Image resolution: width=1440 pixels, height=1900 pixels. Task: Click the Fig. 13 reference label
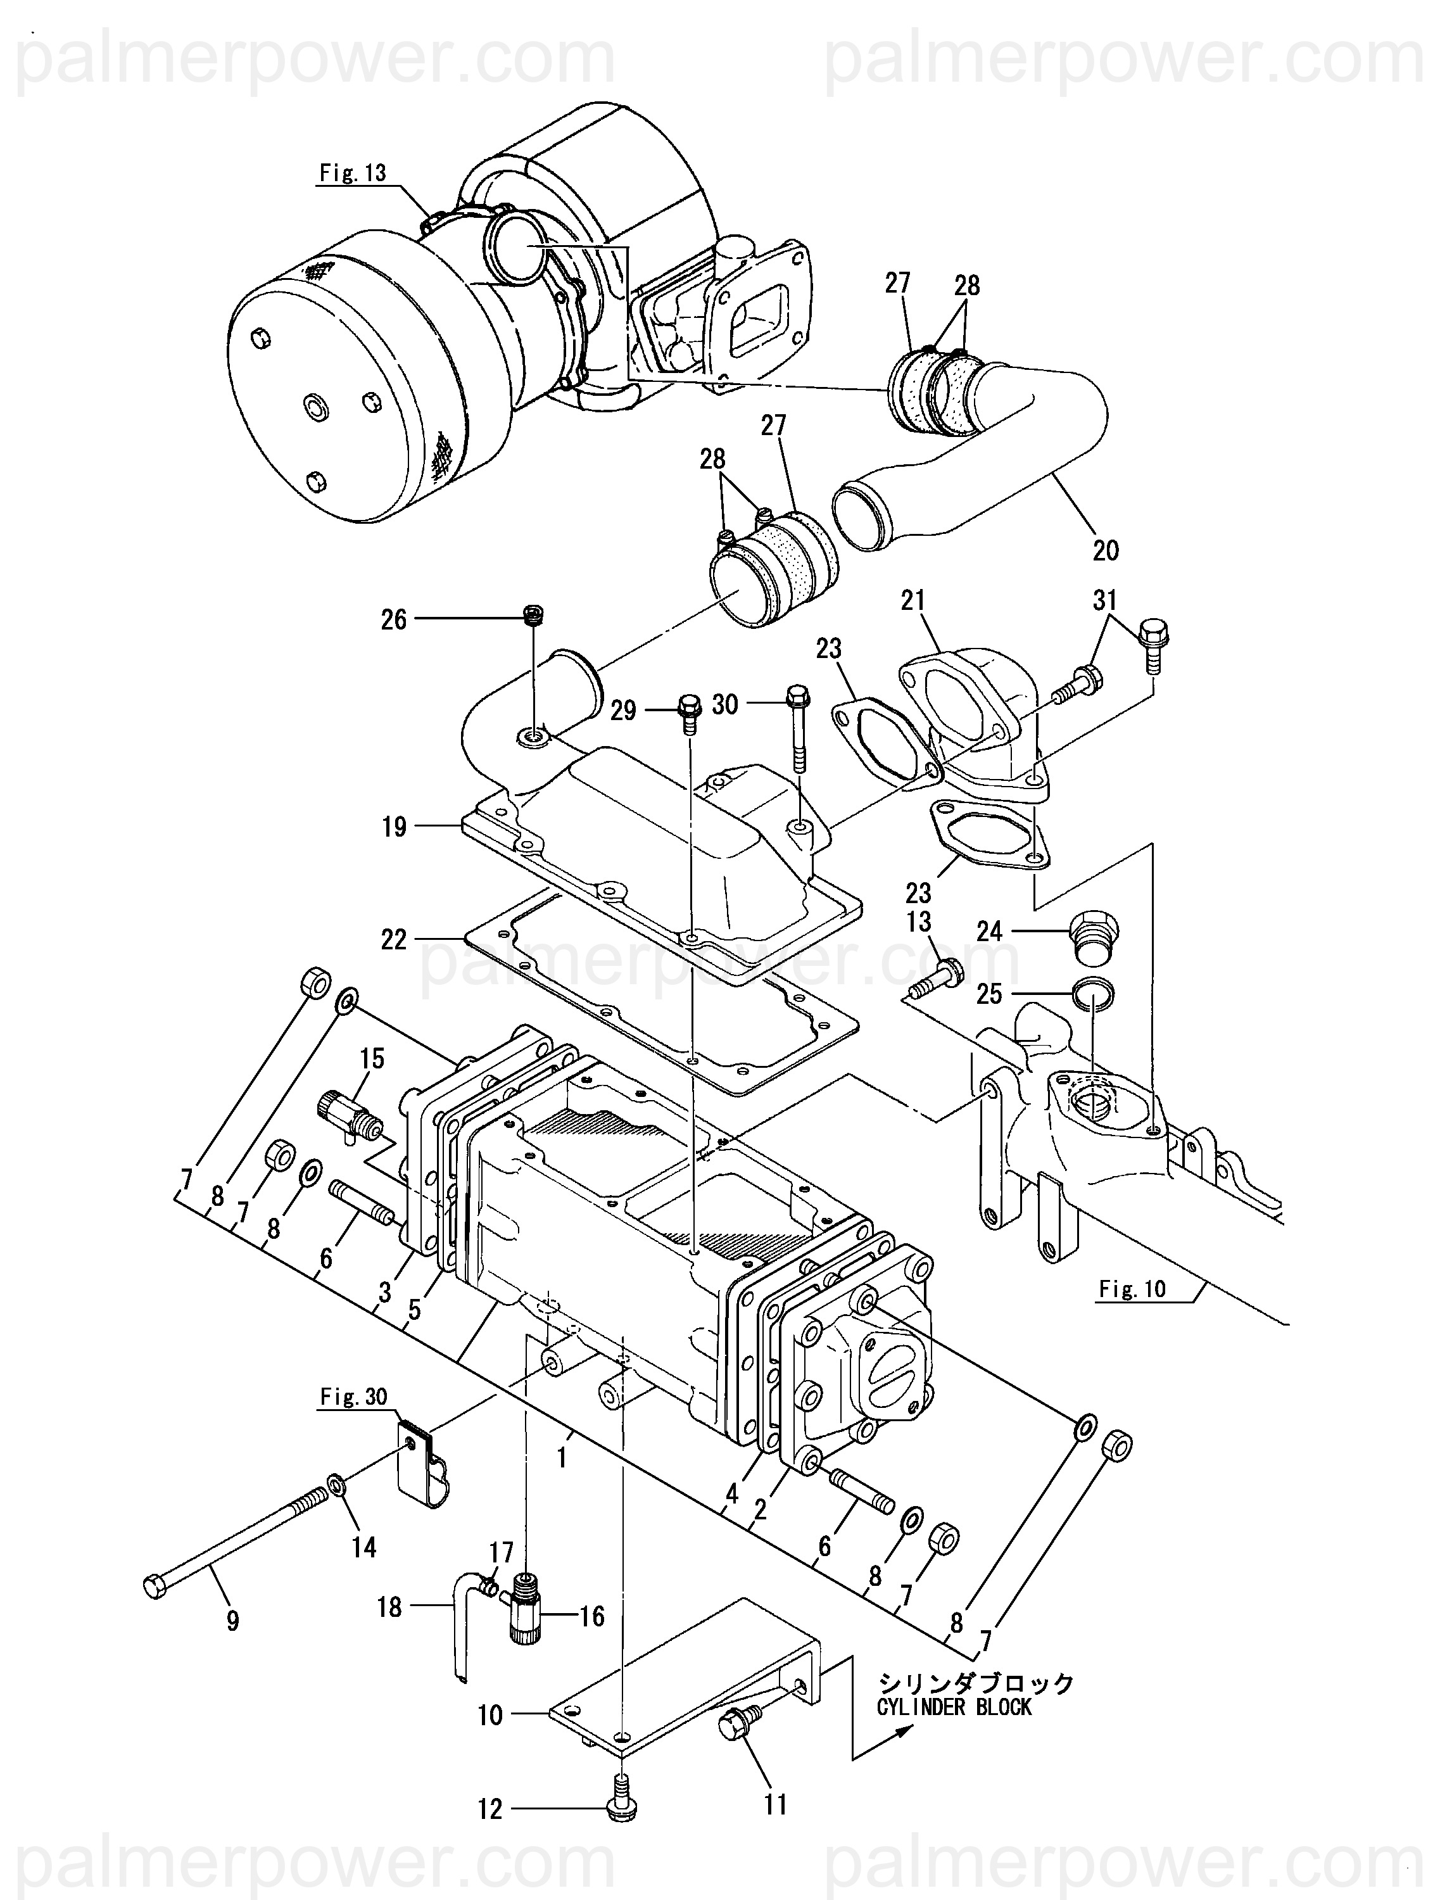point(353,173)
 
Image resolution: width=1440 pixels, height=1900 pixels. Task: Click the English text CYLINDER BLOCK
point(954,1707)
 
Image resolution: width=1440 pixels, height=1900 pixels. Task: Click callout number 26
point(394,619)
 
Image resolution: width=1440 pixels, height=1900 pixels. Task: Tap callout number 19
point(394,827)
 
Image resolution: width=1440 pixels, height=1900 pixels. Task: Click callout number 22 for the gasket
point(394,940)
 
